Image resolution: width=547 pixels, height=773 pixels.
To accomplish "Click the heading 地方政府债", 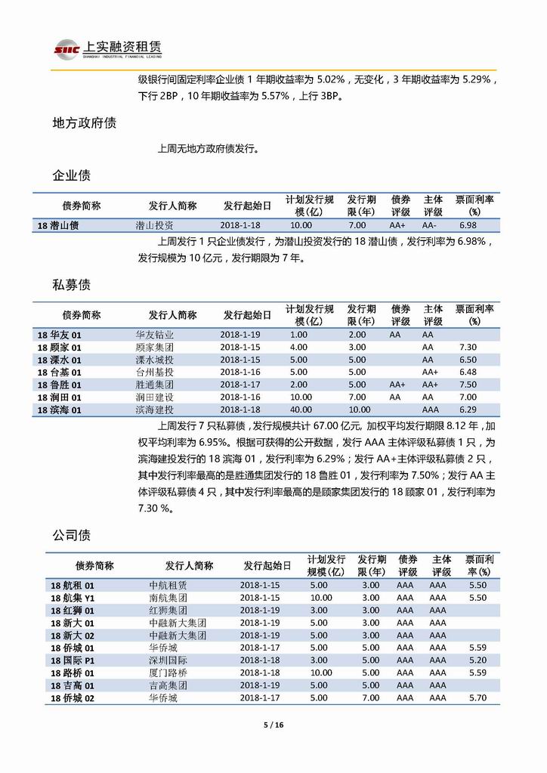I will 84,123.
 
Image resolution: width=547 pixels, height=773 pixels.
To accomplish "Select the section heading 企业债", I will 71,175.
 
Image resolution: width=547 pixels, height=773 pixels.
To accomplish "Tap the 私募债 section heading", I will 71,285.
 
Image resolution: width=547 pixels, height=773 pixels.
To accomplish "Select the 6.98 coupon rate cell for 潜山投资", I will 468,225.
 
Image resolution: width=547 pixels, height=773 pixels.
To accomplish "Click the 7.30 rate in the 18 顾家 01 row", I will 468,347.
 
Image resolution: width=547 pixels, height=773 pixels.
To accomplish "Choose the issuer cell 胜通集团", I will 155,384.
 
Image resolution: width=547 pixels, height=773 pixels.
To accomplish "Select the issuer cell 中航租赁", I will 168,585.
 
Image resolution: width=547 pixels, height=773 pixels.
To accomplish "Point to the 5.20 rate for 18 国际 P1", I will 477,660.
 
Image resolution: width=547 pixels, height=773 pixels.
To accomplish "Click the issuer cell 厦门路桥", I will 168,672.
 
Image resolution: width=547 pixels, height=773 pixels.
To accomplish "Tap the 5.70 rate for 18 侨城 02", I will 477,698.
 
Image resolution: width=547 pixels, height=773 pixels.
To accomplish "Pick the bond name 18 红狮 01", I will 73,610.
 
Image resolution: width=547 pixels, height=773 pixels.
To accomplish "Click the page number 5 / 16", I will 273,725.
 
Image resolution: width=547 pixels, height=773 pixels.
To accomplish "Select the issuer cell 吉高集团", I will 168,685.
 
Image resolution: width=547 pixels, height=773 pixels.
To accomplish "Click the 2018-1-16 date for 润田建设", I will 240,397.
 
